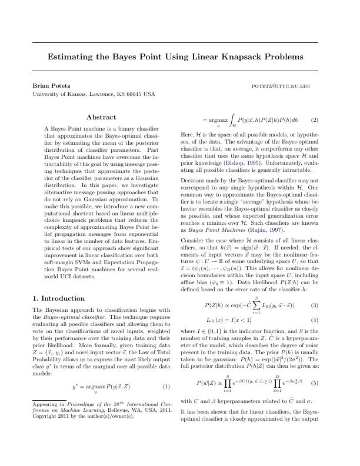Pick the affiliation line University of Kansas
tap(94, 94)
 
